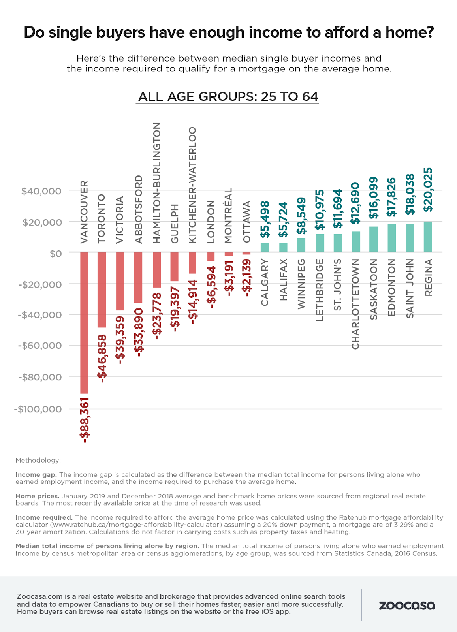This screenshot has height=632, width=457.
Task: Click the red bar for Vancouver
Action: pyautogui.click(x=84, y=323)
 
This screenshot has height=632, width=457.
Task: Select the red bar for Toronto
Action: pyautogui.click(x=102, y=290)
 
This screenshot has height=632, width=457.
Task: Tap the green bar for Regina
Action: pyautogui.click(x=428, y=237)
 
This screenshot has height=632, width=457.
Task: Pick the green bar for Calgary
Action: pyautogui.click(x=265, y=248)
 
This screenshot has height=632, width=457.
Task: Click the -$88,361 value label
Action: pyautogui.click(x=85, y=420)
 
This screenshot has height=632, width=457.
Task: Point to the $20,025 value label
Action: pyautogui.click(x=428, y=190)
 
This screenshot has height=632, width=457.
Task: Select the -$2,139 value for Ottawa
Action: pyautogui.click(x=247, y=278)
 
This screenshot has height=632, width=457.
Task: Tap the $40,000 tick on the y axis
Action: pyautogui.click(x=41, y=191)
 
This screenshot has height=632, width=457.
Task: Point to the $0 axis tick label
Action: pyautogui.click(x=56, y=253)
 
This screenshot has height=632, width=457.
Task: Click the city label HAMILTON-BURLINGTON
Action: pyautogui.click(x=157, y=182)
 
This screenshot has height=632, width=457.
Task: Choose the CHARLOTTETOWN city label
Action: pyautogui.click(x=355, y=304)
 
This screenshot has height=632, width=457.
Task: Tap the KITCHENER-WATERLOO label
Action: pyautogui.click(x=192, y=185)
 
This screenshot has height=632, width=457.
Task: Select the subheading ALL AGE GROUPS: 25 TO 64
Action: pyautogui.click(x=228, y=96)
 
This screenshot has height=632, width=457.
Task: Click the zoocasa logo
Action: pyautogui.click(x=407, y=606)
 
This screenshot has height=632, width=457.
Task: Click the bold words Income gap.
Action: pyautogui.click(x=36, y=474)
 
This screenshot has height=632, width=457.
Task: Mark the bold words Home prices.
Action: pyautogui.click(x=38, y=496)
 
